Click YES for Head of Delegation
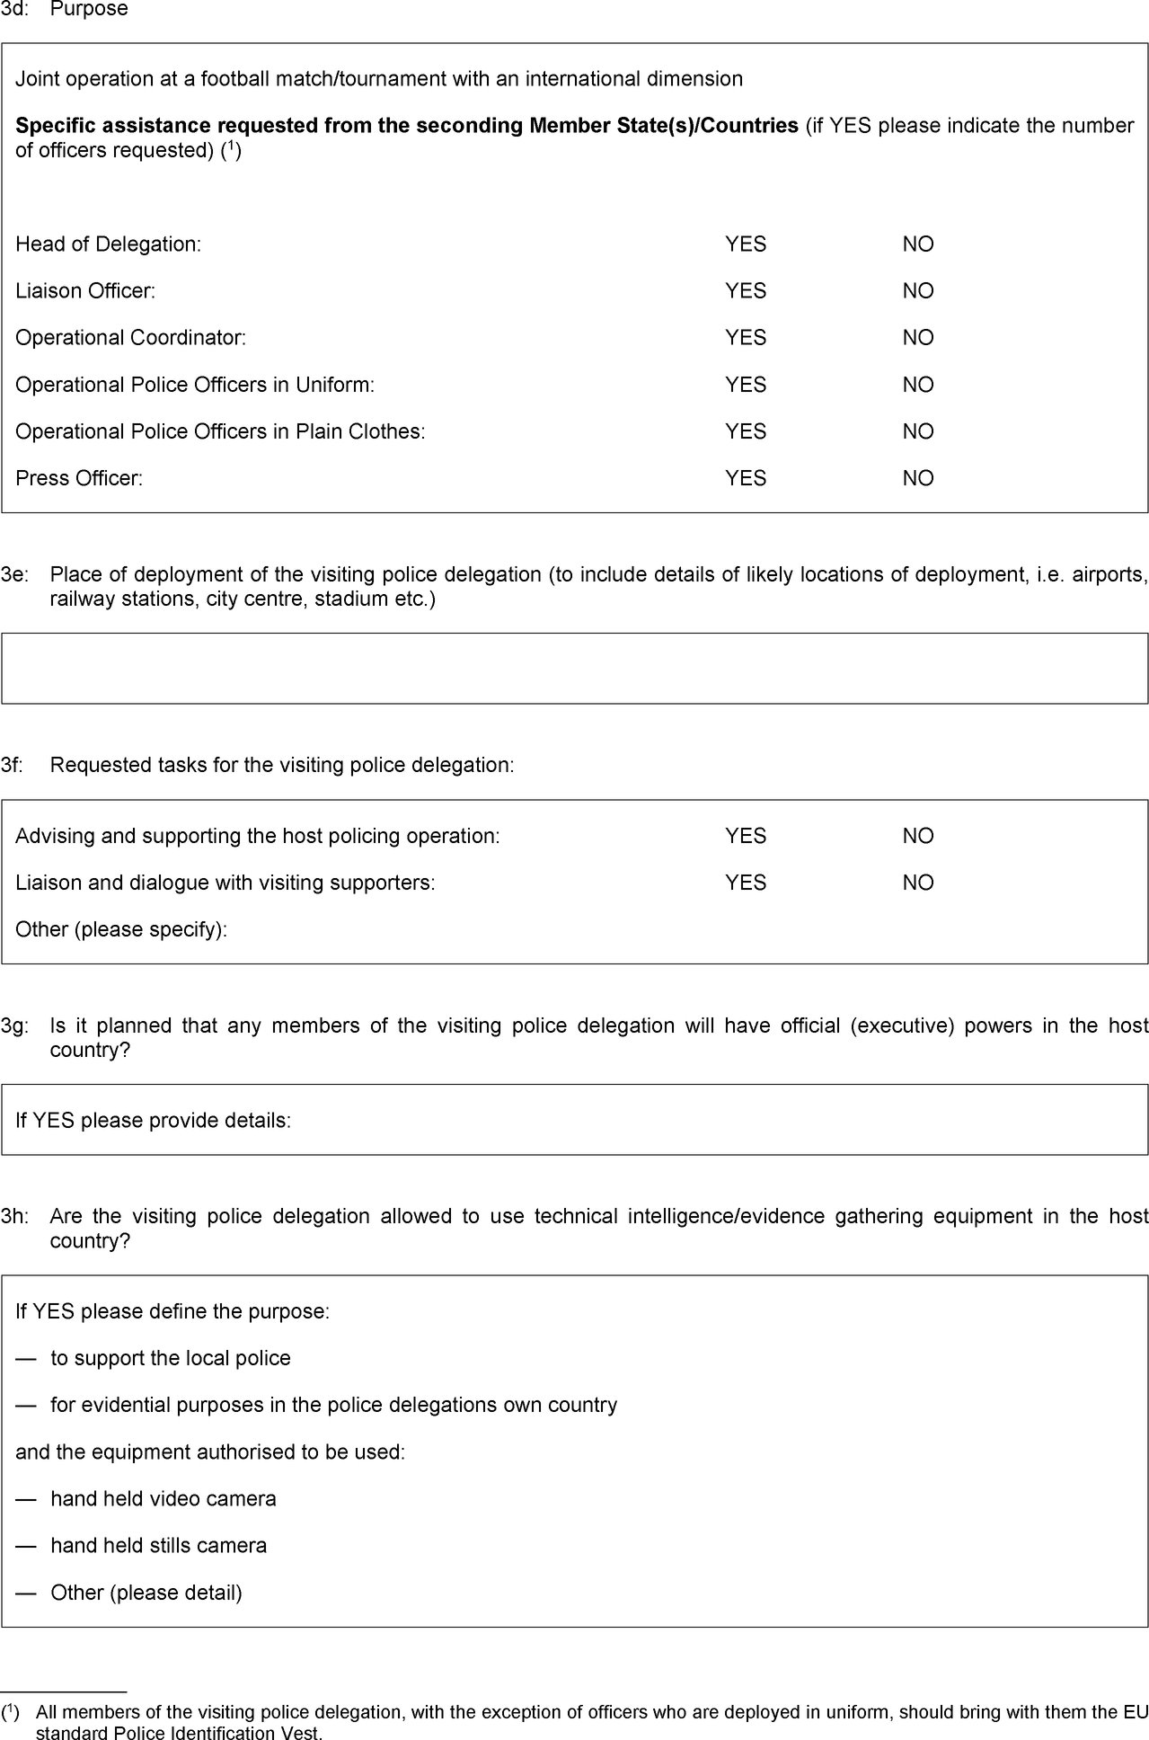(745, 244)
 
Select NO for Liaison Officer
(917, 291)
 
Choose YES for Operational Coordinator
(745, 338)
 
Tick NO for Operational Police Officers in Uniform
(917, 385)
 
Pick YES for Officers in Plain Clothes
(745, 431)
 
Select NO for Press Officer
(917, 478)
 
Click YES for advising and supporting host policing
(745, 836)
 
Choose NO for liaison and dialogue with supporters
(917, 883)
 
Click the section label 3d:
(13, 10)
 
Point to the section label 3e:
(13, 574)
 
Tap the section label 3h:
(13, 1216)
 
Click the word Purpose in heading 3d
(89, 10)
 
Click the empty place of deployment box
(574, 668)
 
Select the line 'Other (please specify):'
(121, 929)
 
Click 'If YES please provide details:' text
(153, 1121)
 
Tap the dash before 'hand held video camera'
(26, 1499)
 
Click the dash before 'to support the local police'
(26, 1358)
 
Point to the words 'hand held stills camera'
(158, 1546)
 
